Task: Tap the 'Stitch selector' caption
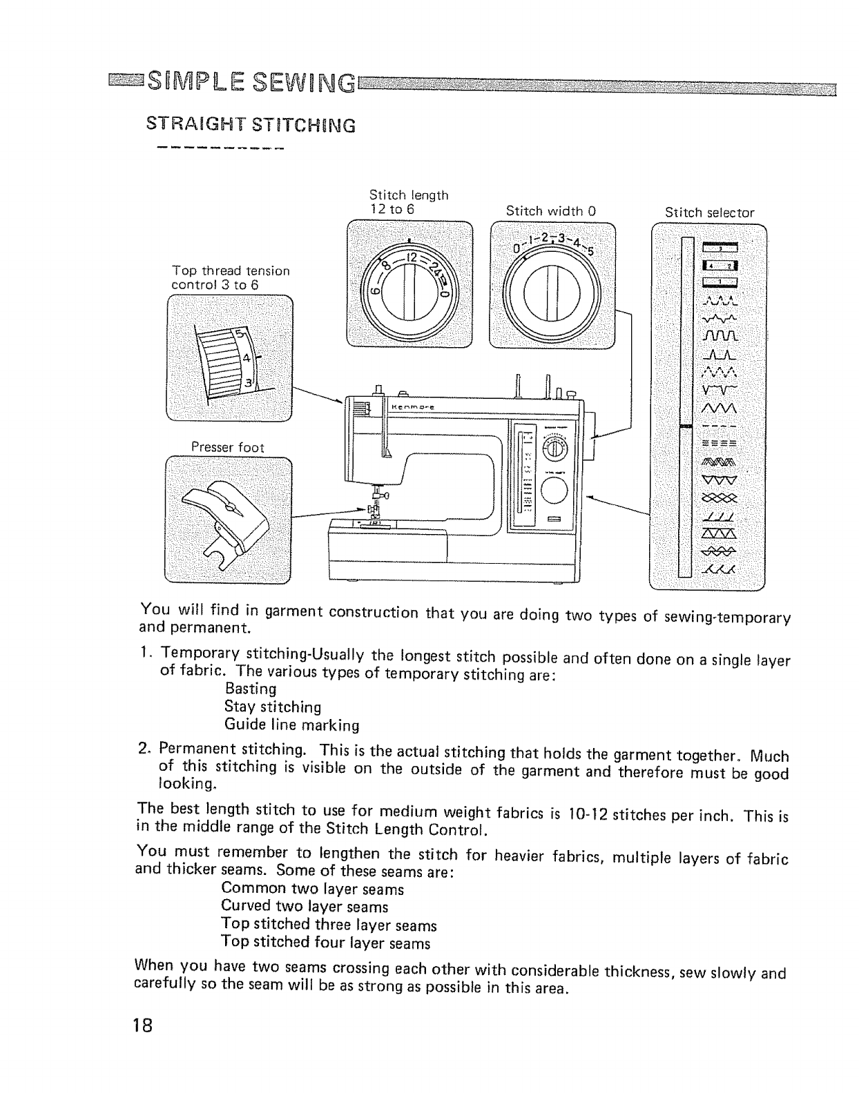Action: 709,213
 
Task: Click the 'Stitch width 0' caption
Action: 550,210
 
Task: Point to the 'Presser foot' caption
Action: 227,447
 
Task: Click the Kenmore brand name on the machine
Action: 412,408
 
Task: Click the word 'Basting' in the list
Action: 251,689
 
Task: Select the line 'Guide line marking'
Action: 292,725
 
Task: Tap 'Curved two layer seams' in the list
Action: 305,906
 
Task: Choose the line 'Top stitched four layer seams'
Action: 325,942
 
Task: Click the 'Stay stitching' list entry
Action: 273,707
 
